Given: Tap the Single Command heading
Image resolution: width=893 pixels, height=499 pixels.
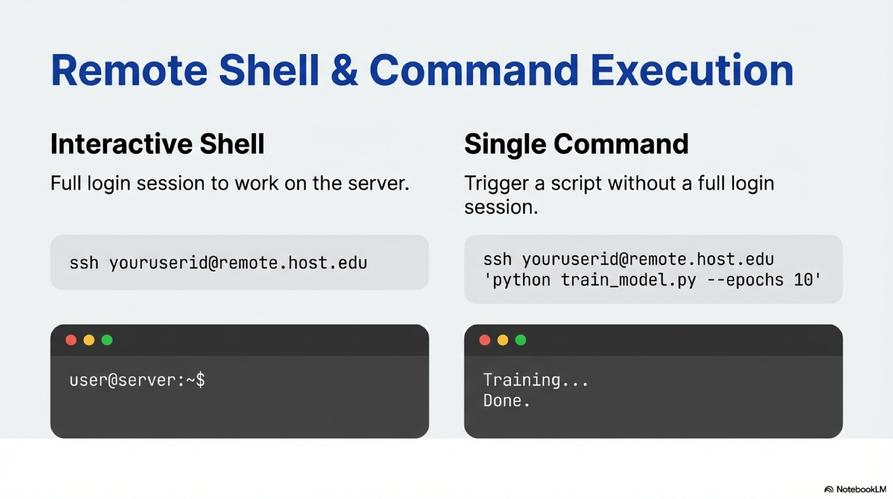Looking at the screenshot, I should click(x=576, y=144).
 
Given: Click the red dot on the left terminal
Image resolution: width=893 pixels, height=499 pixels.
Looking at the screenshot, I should click(x=71, y=340).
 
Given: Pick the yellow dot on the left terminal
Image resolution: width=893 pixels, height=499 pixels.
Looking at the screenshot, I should click(x=89, y=340).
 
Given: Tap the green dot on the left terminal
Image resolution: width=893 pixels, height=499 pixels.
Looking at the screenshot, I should click(x=107, y=340).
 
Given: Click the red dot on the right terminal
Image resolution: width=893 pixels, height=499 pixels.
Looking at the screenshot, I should click(x=485, y=340).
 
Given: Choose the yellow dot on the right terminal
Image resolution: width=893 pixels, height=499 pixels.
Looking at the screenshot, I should click(x=503, y=340).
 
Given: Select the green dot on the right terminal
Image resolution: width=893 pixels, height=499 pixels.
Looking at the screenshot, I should click(x=521, y=340).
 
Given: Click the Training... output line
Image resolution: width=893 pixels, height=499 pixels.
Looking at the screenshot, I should click(x=536, y=380).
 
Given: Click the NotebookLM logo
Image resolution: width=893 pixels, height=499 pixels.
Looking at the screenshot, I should click(x=855, y=489).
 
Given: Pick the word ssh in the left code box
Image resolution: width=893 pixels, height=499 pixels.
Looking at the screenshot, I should click(x=84, y=263).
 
